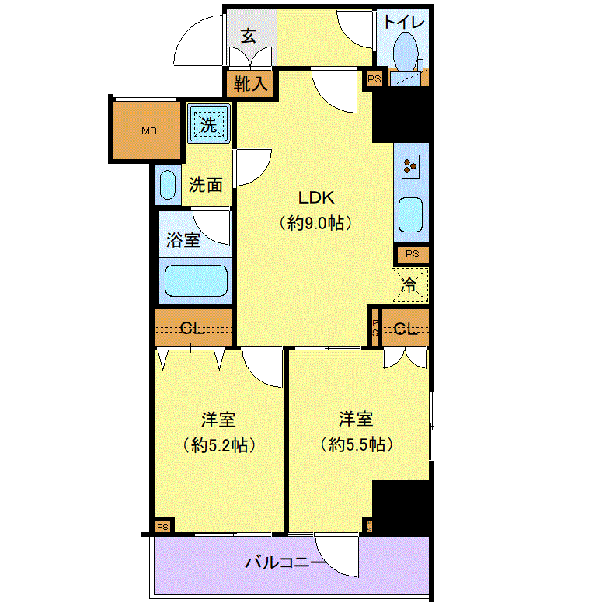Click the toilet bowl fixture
[x=406, y=52]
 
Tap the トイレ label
[x=404, y=22]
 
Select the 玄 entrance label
[x=248, y=36]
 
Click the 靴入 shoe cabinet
[x=250, y=83]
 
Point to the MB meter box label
[x=149, y=131]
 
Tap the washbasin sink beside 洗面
[x=168, y=185]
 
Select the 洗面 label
[x=206, y=186]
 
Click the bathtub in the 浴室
[x=196, y=280]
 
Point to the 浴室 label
[x=183, y=240]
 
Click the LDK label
[x=315, y=198]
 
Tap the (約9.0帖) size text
[x=315, y=223]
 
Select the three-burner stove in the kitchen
[x=410, y=166]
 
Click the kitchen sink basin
[x=410, y=215]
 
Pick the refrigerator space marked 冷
[x=409, y=285]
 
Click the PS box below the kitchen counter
[x=412, y=254]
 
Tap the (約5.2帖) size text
[x=219, y=445]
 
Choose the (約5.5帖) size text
[x=357, y=444]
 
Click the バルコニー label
[x=286, y=562]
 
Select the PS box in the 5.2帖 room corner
[x=162, y=528]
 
